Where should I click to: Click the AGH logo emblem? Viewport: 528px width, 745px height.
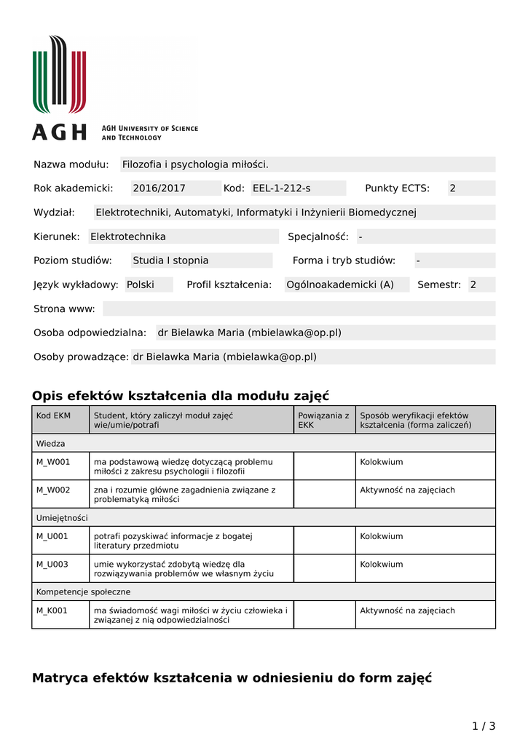click(x=59, y=75)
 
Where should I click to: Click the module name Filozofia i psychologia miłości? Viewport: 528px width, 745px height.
click(x=195, y=164)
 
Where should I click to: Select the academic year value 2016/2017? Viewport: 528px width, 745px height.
click(x=159, y=188)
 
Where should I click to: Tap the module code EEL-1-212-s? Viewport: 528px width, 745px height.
click(x=281, y=188)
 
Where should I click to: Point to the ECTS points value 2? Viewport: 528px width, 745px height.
click(x=452, y=188)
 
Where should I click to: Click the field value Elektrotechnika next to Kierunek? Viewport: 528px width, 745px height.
click(x=128, y=236)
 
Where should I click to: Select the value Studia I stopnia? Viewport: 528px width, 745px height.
click(x=170, y=260)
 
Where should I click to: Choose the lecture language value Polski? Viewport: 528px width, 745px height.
click(x=141, y=284)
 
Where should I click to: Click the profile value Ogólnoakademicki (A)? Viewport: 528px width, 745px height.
click(x=340, y=284)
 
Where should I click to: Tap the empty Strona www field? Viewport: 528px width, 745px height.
click(x=299, y=308)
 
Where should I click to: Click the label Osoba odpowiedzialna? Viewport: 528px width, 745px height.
click(x=90, y=332)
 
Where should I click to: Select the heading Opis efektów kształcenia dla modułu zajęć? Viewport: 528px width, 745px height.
click(x=181, y=396)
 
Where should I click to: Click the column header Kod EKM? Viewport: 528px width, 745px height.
click(x=54, y=415)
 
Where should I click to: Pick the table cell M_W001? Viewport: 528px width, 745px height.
click(x=53, y=462)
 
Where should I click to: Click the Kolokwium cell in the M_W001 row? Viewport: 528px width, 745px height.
click(x=382, y=462)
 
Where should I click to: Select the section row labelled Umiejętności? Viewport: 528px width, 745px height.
click(x=62, y=517)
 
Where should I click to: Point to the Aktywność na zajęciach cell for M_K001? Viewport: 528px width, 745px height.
click(x=407, y=610)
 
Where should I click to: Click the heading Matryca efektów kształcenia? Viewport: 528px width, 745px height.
click(x=232, y=678)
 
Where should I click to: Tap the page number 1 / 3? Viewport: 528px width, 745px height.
click(x=484, y=725)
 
